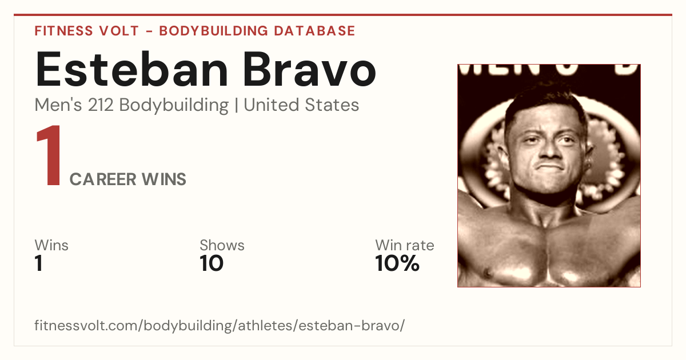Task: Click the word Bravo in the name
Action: (310, 69)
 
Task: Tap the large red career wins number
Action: (49, 155)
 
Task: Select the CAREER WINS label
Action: (127, 179)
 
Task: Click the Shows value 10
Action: (212, 263)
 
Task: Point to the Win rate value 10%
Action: (397, 263)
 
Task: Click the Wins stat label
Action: (51, 245)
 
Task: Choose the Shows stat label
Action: (222, 245)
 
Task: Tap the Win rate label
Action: (405, 245)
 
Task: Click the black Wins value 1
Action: (38, 263)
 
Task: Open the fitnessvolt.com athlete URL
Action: (220, 325)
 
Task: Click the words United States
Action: (301, 105)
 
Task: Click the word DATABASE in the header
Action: (314, 31)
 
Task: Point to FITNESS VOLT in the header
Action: (87, 31)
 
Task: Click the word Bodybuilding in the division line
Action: (174, 106)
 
